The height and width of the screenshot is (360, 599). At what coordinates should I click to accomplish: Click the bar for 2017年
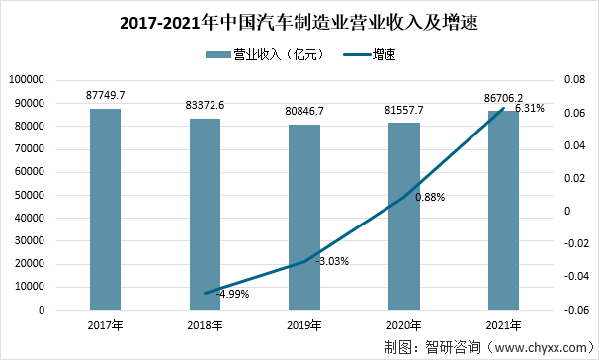point(106,209)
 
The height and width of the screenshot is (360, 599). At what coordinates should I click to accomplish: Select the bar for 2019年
point(304,217)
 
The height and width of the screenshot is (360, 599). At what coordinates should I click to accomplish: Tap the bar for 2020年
point(403,216)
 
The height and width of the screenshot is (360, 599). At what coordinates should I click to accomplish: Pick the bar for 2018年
point(205,214)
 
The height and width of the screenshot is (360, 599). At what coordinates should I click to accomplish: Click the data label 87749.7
point(106,95)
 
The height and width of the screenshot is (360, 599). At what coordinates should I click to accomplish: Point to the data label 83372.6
point(205,105)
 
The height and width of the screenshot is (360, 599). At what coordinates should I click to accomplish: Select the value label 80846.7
point(304,111)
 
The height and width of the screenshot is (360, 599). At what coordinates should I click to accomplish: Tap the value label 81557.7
point(403,109)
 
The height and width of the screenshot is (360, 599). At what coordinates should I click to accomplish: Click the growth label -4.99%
point(234,294)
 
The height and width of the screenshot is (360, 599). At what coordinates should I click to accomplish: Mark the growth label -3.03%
point(331,262)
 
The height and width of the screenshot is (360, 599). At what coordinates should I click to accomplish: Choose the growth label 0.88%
point(430,197)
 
